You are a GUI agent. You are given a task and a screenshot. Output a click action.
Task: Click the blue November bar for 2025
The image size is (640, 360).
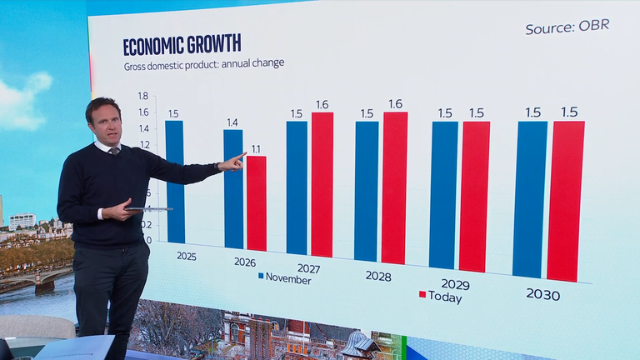pos(174,183)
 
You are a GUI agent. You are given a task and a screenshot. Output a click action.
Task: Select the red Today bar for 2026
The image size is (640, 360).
pos(257,203)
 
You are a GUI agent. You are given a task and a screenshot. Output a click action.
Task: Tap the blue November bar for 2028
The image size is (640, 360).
pos(366,192)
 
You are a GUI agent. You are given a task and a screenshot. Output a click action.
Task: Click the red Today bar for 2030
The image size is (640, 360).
pos(566,201)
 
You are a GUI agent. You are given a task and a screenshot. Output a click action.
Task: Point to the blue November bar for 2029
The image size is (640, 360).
pos(443,195)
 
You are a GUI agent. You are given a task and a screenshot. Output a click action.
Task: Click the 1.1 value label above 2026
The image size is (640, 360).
pos(256,149)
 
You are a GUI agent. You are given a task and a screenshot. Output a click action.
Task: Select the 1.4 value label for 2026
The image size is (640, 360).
pos(232,122)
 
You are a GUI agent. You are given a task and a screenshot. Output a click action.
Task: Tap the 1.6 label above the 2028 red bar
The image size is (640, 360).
pos(395,104)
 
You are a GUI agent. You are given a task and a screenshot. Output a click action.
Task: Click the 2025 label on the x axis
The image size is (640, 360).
pos(187,256)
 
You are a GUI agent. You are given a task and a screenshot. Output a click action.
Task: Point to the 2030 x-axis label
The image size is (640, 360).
pos(542,295)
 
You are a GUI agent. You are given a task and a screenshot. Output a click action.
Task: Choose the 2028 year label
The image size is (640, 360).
pos(378,274)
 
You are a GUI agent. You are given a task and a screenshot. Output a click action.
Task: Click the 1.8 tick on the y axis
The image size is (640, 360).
pos(143,96)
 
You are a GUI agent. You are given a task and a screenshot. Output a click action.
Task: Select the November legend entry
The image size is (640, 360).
pos(284,278)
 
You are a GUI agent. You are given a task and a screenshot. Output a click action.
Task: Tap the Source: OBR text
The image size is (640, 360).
pos(567,27)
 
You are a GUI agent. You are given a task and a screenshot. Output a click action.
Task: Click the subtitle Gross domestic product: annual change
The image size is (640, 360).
pos(203,65)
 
